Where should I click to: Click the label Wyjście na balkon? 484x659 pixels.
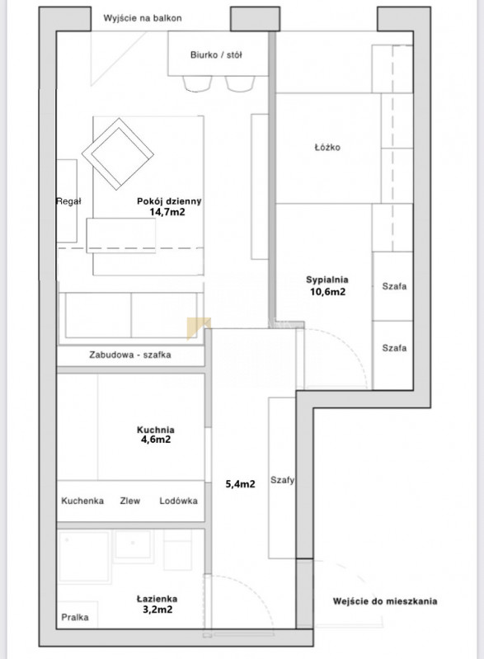tap(143, 18)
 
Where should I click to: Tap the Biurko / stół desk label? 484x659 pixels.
tap(216, 54)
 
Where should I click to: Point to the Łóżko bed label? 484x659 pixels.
tap(327, 147)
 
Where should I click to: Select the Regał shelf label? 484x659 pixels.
tap(69, 201)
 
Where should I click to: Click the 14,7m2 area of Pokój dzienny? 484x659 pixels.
tap(167, 212)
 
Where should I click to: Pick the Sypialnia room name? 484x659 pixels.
tap(327, 280)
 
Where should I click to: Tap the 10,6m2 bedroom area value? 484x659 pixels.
tap(327, 292)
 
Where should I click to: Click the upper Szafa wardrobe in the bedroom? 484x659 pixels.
tap(394, 286)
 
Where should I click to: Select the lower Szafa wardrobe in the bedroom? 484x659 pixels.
tap(394, 348)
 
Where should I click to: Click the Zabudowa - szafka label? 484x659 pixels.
tap(130, 355)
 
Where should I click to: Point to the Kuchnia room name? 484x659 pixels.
tap(156, 430)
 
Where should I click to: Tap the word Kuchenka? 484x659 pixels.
tap(82, 501)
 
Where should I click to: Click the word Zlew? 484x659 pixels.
tap(130, 501)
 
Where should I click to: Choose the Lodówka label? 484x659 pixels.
tap(179, 501)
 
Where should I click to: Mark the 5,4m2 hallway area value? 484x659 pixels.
tap(240, 484)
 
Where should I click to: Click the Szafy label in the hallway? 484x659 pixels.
tap(282, 480)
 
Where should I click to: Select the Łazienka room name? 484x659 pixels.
tap(157, 599)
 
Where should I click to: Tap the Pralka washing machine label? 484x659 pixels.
tap(75, 617)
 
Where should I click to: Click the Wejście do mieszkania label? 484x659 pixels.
tap(385, 601)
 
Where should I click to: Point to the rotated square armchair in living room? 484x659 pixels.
tap(118, 153)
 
